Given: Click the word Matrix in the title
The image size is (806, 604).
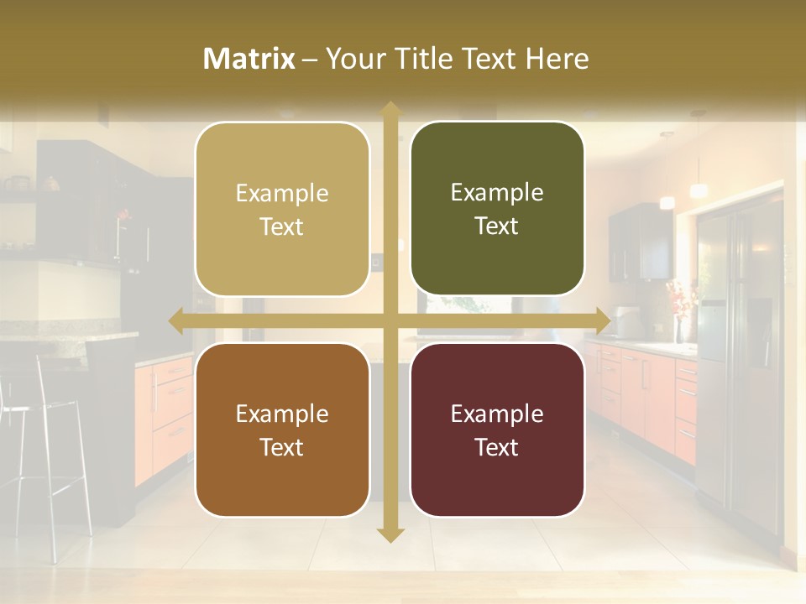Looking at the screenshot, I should (x=249, y=58).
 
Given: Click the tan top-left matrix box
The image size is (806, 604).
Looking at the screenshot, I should (x=282, y=210).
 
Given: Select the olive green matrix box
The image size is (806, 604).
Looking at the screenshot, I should (x=497, y=209).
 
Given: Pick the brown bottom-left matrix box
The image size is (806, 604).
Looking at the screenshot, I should (x=282, y=430).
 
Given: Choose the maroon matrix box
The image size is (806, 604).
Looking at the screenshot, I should (x=497, y=430).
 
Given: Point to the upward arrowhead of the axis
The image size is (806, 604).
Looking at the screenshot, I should (x=390, y=109).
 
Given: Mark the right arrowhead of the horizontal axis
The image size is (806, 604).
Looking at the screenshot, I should (x=602, y=321).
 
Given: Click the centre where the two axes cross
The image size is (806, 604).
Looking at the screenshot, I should (x=390, y=321).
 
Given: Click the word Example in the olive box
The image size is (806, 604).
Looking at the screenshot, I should (x=497, y=192).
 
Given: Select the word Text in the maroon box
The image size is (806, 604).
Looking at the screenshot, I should (x=497, y=447).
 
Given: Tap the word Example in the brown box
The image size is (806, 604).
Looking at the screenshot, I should (x=282, y=414).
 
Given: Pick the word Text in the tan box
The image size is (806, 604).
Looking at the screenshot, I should (x=282, y=226).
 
